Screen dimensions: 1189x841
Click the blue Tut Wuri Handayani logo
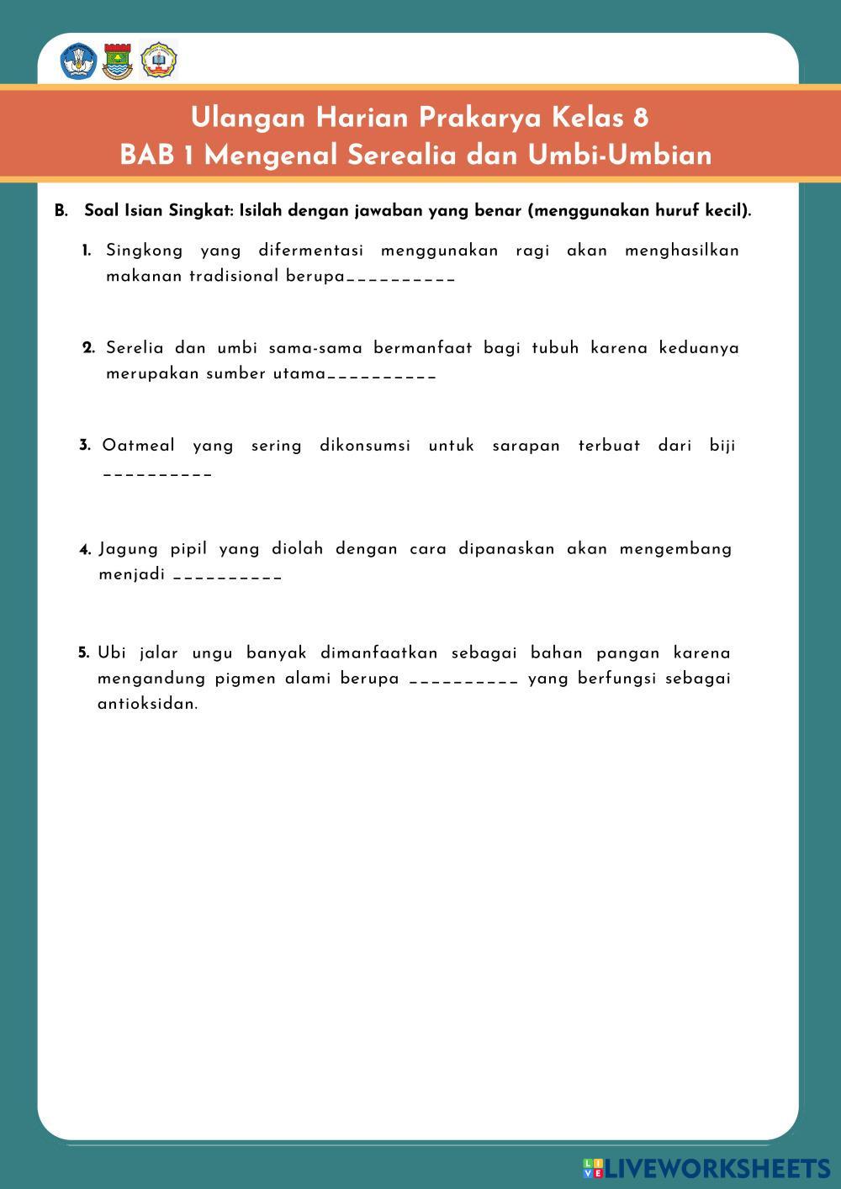[x=78, y=62]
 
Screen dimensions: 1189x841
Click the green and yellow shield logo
[x=118, y=62]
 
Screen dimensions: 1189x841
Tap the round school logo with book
[x=158, y=61]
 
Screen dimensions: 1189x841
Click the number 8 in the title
[x=641, y=118]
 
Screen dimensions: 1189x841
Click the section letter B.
[x=61, y=211]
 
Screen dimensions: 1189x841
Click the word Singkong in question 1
[x=144, y=251]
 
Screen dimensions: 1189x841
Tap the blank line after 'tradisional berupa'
[x=400, y=278]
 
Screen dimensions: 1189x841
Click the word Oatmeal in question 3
[x=139, y=446]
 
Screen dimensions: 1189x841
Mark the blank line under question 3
[x=157, y=474]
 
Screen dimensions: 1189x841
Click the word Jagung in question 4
[x=129, y=549]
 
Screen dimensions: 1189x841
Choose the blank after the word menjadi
[x=227, y=577]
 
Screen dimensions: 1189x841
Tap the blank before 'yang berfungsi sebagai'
[x=463, y=680]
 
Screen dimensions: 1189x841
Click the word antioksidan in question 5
[x=147, y=704]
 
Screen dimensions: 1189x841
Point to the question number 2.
[x=88, y=348]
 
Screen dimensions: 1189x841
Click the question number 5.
[x=84, y=653]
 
